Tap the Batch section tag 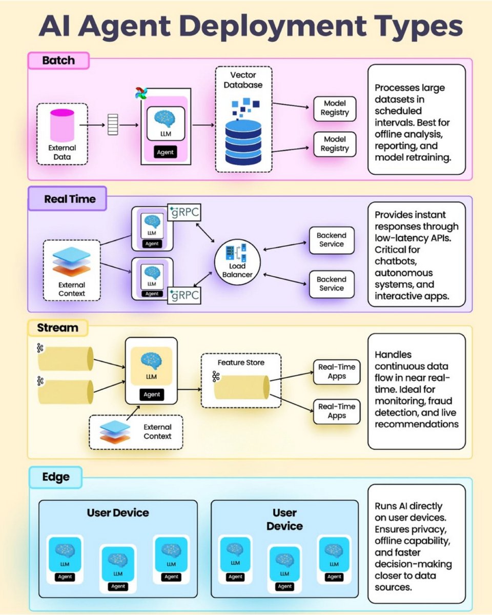click(58, 60)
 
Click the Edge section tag click(56, 478)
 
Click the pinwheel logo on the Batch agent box click(141, 93)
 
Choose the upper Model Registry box click(335, 109)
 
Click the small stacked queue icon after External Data click(113, 124)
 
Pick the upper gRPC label click(184, 212)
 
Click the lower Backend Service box click(331, 284)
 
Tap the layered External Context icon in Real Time click(72, 263)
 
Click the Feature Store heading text click(241, 362)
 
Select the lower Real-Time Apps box click(337, 411)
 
